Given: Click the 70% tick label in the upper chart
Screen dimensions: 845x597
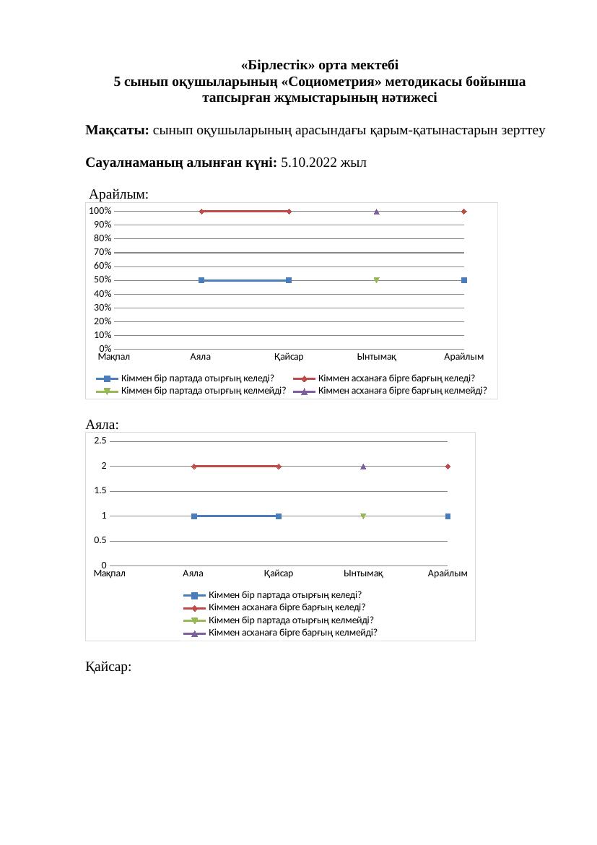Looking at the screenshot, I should click(100, 253).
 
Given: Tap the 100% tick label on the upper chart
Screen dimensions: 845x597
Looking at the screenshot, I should click(100, 211).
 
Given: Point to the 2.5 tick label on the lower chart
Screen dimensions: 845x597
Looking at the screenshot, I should click(100, 441).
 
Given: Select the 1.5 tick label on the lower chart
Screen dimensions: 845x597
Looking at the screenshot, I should click(100, 491).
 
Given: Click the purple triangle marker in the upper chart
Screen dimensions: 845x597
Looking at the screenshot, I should click(377, 212).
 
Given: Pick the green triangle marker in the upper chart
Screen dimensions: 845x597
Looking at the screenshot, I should click(377, 280).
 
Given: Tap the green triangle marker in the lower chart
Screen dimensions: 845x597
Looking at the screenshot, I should click(363, 516).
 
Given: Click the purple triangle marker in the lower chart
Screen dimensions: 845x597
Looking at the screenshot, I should click(363, 467).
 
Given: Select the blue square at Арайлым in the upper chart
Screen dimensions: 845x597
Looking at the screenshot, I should click(464, 280).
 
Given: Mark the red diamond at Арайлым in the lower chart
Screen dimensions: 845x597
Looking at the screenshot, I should click(448, 467).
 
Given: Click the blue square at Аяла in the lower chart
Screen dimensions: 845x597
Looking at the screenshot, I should click(194, 516).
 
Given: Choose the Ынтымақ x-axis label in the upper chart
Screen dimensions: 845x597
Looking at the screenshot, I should click(377, 357).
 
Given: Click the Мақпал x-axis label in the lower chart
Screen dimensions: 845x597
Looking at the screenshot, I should click(110, 573).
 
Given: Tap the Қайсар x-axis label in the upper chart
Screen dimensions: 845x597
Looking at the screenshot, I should click(289, 357).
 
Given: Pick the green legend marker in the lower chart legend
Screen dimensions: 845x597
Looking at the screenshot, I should click(194, 620).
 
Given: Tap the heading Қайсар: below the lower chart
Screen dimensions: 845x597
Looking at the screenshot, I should click(108, 668).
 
